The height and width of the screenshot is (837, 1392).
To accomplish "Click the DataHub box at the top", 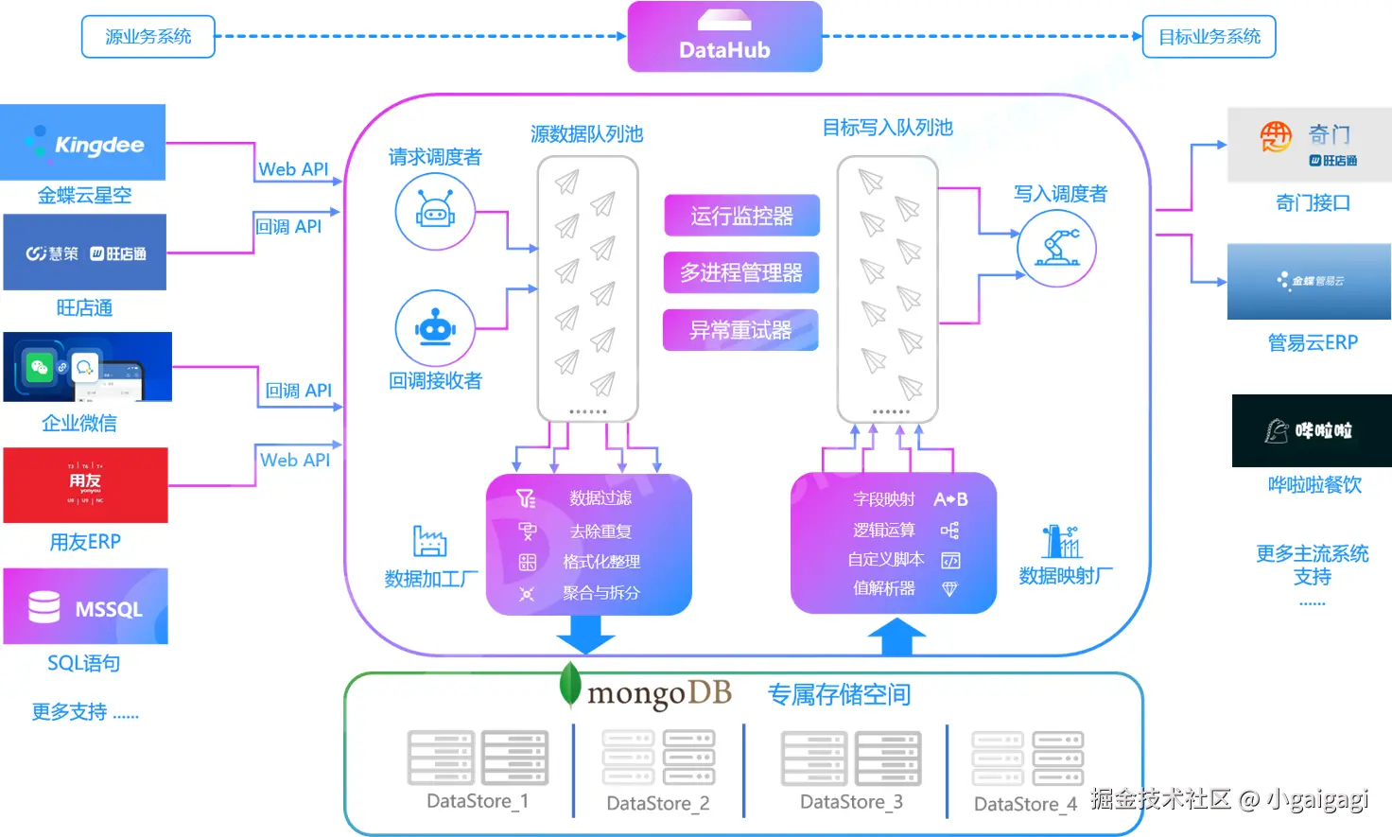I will point(724,37).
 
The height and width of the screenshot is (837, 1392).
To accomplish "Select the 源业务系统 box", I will point(148,37).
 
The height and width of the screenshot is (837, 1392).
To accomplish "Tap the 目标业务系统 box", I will point(1209,37).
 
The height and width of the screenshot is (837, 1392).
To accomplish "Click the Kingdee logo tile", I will point(83,143).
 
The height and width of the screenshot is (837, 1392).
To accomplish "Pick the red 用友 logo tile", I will point(85,485).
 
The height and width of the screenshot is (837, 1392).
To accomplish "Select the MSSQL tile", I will point(85,606).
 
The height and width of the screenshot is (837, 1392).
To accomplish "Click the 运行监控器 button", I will point(741,216).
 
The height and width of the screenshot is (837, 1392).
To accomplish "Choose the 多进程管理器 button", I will point(741,273).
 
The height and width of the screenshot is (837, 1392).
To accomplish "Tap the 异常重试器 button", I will point(740,330).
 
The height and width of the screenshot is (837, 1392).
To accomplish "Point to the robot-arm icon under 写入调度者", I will point(1056,249).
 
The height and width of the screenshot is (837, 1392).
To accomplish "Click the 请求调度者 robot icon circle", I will point(435,211).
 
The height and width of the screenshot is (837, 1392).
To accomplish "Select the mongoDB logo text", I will point(659,693).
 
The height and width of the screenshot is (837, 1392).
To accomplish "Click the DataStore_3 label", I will point(851,802).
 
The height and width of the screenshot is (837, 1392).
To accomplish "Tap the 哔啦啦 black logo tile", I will point(1312,430).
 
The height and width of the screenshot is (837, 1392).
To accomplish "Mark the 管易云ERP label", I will point(1313,342).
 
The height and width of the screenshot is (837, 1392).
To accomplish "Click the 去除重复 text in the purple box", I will point(600,532).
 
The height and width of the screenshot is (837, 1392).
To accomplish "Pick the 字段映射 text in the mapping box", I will point(884,499).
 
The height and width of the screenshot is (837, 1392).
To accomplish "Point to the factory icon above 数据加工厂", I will point(430,541).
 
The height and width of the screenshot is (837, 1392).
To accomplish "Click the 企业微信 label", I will point(79,423).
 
